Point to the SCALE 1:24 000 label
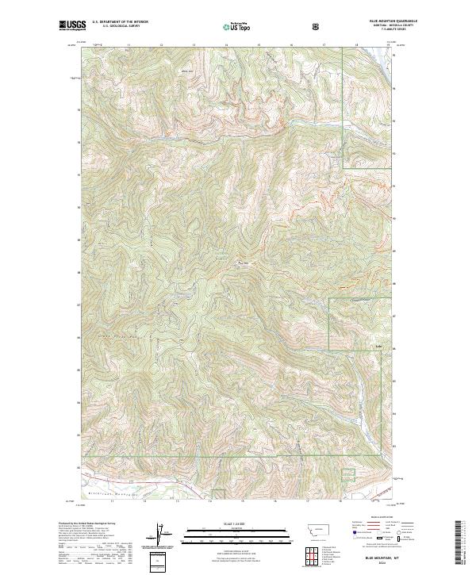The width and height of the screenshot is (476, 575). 230,523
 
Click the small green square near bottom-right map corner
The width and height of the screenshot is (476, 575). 347,474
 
